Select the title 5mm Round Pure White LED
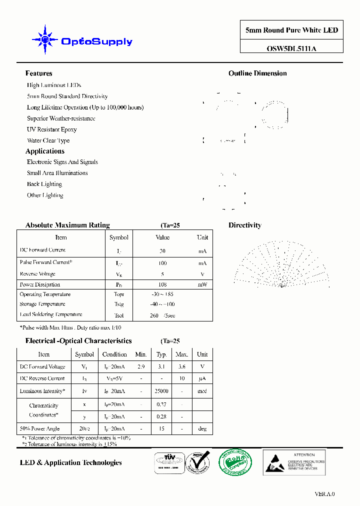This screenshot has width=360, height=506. (291, 30)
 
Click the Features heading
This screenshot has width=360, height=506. (38, 73)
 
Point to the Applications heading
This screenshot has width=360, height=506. (44, 151)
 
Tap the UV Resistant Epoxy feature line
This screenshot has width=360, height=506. (51, 129)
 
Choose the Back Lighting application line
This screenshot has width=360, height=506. (44, 184)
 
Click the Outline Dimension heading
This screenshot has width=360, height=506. (257, 73)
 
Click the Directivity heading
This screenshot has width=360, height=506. (244, 225)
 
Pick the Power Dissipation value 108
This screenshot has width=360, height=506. (162, 284)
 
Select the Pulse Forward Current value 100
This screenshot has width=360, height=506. (162, 263)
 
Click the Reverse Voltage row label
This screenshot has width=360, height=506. (37, 274)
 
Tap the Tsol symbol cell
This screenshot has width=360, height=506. (118, 315)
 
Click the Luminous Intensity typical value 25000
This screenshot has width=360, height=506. (161, 391)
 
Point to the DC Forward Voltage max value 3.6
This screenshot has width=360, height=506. (181, 366)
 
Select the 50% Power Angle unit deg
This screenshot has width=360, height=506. (202, 428)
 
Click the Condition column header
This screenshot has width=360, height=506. (114, 354)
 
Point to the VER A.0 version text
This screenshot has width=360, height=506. (324, 494)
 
